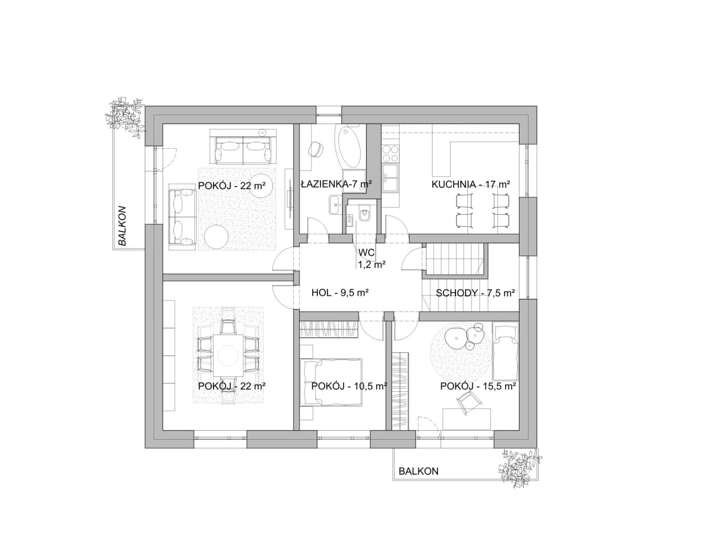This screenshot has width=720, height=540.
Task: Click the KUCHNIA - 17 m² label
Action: coord(470,184)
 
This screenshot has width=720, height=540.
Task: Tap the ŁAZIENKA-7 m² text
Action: coord(336,184)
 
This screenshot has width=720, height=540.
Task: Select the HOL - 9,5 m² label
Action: coord(340,292)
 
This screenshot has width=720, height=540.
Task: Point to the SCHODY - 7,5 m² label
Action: coord(475,293)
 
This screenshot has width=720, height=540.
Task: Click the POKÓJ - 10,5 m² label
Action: coord(349,386)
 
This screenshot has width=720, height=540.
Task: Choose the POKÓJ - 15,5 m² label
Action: coord(478,386)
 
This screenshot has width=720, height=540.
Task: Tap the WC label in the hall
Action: coord(367,253)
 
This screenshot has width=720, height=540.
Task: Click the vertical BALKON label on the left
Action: coord(122,226)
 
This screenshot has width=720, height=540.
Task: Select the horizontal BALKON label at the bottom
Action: coord(418,471)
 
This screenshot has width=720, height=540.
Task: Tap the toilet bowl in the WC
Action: coord(365,214)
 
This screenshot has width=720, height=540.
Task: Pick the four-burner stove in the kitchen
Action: coord(391,154)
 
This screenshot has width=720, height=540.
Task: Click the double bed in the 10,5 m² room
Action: coord(331,382)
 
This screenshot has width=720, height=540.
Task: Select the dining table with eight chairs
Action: coord(229,355)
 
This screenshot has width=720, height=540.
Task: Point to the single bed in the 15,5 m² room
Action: coord(505,351)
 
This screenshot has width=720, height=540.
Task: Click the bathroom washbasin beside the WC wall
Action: coord(335,205)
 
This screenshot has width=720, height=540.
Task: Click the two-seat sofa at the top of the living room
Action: coord(243,146)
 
